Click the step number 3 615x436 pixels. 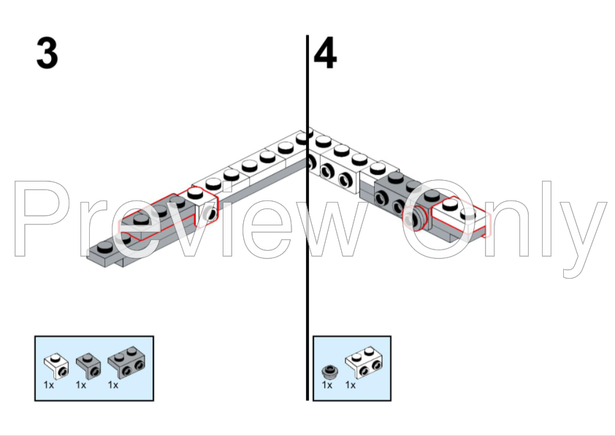coord(47,53)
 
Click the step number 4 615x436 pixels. coord(325,53)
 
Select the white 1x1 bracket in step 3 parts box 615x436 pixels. coord(56,366)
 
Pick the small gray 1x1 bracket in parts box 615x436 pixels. coord(88,366)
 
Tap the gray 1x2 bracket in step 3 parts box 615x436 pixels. coord(126,363)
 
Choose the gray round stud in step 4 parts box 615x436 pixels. coord(330,371)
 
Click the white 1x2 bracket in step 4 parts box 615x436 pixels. coord(364,363)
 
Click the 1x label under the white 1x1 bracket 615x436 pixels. coord(49,385)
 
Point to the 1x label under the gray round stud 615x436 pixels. coord(327,385)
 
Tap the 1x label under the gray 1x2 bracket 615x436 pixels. coord(113,385)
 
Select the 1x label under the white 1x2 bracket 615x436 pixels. coord(351,385)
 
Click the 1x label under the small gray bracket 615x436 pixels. coord(81,385)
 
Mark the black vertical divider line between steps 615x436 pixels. coord(307,217)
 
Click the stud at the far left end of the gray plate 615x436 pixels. coord(104,247)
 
